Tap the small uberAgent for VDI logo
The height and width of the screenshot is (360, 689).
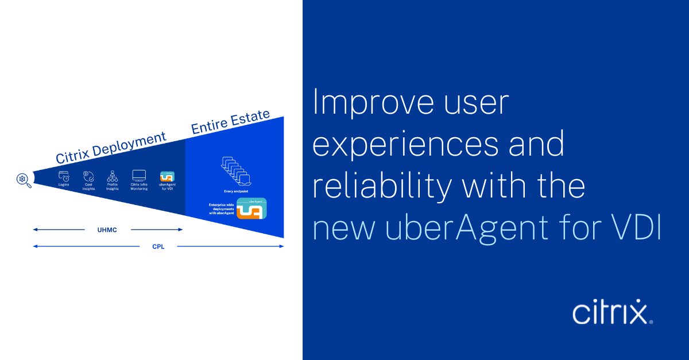click(x=167, y=175)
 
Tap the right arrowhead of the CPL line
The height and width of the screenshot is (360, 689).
click(x=281, y=246)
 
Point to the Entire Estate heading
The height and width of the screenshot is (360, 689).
click(x=230, y=122)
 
